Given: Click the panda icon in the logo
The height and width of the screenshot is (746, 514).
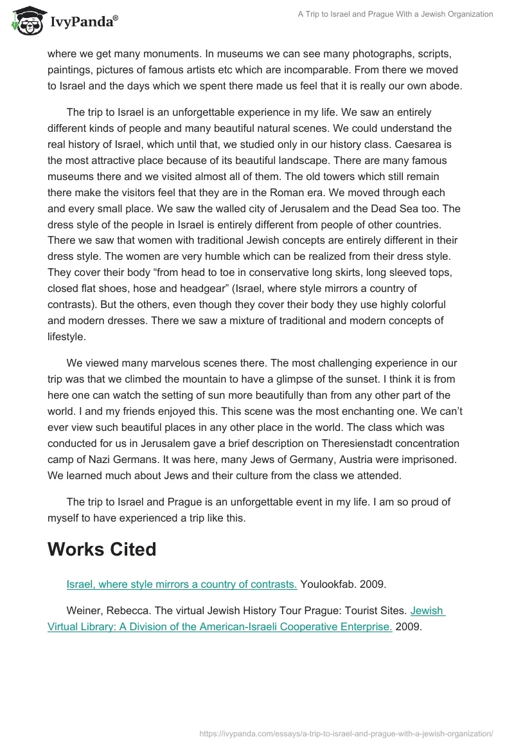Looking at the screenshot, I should coord(24,22).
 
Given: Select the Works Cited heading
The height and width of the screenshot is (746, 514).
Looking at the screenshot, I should coord(102,549).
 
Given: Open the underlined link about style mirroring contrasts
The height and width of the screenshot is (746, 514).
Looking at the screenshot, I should coord(182,584).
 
